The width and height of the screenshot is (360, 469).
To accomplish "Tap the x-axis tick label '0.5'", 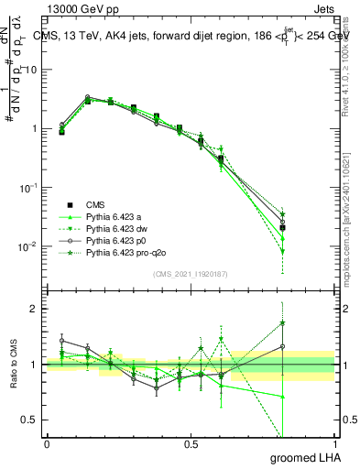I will click(191, 444).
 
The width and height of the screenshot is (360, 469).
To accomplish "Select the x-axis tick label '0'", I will click(47, 444).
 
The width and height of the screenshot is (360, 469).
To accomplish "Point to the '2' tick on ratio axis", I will click(35, 309).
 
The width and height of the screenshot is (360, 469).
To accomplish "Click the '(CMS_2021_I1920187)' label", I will click(191, 274).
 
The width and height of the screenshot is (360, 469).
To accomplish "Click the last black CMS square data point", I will click(282, 228).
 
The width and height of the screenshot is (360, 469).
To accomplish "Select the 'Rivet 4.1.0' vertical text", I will click(350, 69).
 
